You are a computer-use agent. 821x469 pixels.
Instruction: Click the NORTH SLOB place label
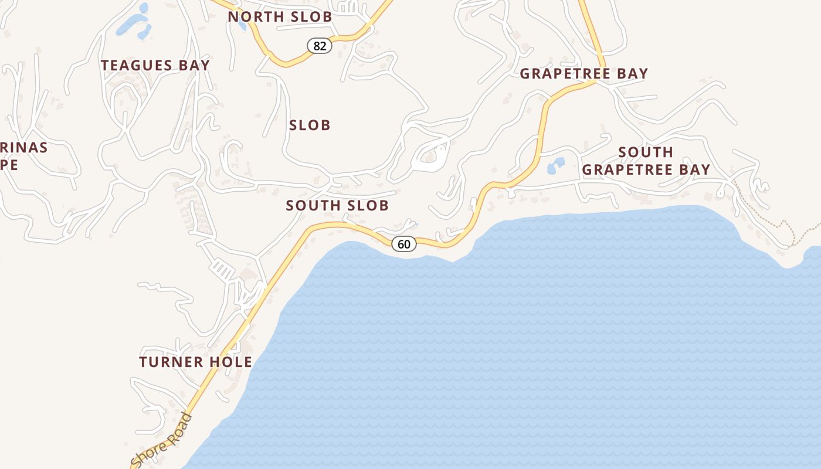[280, 17]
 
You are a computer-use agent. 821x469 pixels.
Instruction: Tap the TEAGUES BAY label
[155, 65]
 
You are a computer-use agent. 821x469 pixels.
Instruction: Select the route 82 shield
[320, 46]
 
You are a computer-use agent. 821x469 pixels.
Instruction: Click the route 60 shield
[404, 244]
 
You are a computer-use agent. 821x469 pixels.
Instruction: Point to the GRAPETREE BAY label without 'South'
[584, 74]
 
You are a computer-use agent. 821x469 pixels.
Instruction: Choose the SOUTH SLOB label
[337, 205]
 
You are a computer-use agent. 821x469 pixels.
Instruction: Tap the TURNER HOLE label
[195, 362]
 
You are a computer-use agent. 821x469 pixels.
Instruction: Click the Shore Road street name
[161, 441]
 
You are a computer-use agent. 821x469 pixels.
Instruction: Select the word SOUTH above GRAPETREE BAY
[646, 152]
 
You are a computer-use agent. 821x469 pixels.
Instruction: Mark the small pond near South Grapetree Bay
[555, 165]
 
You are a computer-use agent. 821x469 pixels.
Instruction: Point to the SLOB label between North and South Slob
[310, 125]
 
